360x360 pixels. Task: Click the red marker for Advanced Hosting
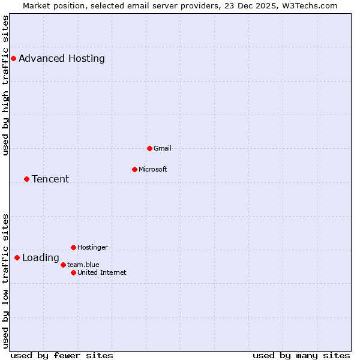(x=13, y=58)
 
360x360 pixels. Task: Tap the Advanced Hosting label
(x=62, y=59)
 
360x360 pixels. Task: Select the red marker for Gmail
(x=149, y=148)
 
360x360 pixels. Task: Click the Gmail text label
(x=163, y=148)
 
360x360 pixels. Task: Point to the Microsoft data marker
(x=134, y=169)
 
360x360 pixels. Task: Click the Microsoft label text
(x=153, y=169)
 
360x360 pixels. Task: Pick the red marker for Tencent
(x=26, y=179)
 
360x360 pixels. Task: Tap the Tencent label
(x=50, y=179)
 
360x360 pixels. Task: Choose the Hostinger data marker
(x=73, y=247)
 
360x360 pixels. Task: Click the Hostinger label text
(x=93, y=247)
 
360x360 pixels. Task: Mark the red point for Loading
(x=17, y=258)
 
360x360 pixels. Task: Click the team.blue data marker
(x=63, y=265)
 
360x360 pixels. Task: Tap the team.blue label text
(x=83, y=265)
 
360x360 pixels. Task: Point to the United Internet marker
(x=73, y=272)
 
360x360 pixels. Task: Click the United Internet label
(x=102, y=272)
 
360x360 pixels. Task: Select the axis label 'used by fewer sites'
(x=62, y=355)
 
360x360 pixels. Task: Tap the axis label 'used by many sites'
(x=301, y=355)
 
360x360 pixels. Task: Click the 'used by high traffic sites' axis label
(x=5, y=85)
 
